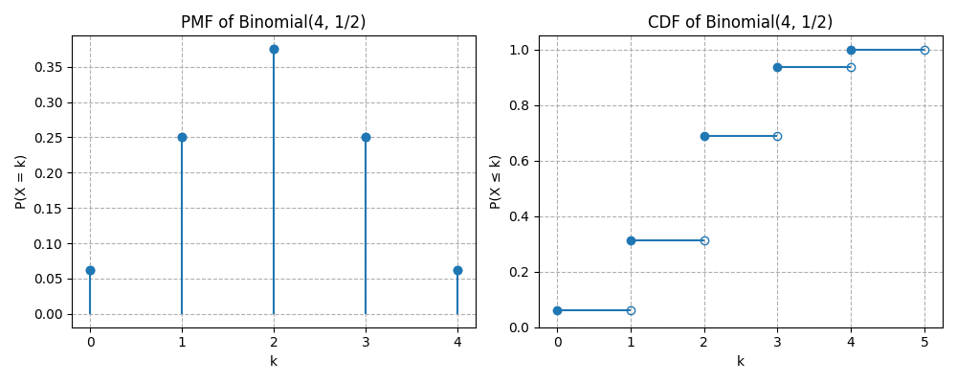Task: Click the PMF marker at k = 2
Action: (274, 49)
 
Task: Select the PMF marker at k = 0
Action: (90, 270)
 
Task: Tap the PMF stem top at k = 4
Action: (457, 270)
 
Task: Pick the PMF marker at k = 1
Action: (182, 137)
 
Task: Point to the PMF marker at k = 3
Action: (366, 137)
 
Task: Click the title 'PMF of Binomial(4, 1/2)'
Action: (274, 22)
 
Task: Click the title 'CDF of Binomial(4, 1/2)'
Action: (740, 22)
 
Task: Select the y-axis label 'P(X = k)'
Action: (21, 182)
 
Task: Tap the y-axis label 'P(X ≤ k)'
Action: (496, 182)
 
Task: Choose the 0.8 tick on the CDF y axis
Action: (520, 105)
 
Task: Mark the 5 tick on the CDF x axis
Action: (924, 341)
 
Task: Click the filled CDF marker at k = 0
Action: (557, 310)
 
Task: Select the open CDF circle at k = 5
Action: (924, 50)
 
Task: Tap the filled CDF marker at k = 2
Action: (704, 136)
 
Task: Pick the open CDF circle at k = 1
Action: (631, 310)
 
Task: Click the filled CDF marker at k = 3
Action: (777, 67)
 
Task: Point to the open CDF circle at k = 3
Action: (777, 136)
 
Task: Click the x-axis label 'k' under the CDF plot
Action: (740, 362)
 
